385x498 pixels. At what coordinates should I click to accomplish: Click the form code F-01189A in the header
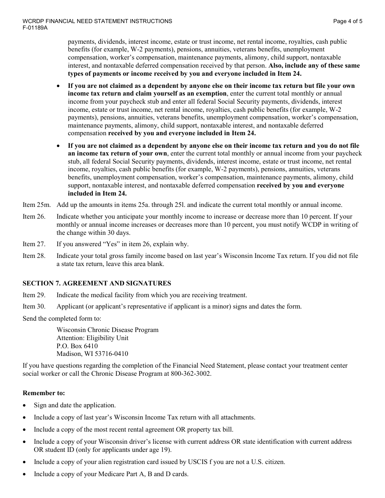35,28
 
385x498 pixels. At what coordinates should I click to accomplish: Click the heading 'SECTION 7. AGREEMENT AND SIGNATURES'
97,283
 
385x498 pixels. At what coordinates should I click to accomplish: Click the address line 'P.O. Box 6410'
77,346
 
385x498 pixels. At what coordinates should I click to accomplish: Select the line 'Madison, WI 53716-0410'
92,354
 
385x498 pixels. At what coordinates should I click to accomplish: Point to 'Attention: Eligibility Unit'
92,338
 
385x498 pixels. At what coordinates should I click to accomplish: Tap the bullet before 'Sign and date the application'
25,405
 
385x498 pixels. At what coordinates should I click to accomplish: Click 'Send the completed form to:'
62,319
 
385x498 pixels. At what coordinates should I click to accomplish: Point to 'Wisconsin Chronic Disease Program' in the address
107,330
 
